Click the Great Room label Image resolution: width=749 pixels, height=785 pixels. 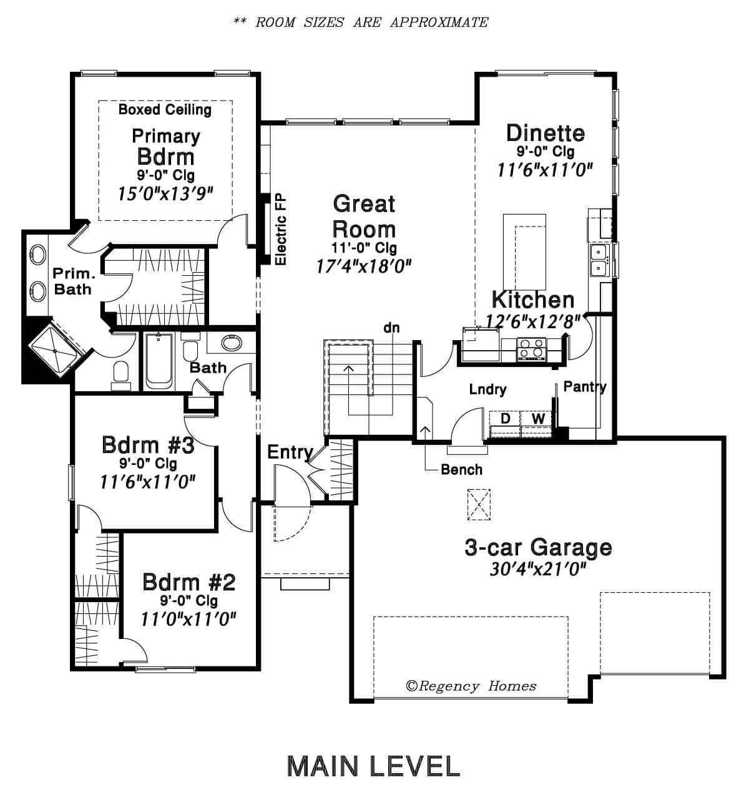(x=364, y=216)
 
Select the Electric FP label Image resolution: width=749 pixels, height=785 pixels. (x=281, y=229)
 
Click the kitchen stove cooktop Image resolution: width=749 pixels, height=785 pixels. (x=532, y=348)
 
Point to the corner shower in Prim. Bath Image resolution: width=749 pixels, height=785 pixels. (x=54, y=351)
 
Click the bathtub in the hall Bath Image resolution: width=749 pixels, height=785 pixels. (x=159, y=361)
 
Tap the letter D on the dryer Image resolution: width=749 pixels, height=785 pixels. (x=506, y=419)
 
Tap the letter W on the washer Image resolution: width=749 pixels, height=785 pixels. (x=538, y=419)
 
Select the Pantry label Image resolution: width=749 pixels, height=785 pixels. (x=585, y=386)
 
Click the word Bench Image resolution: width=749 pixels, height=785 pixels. (x=461, y=469)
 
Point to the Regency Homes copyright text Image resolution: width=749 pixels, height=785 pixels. (x=471, y=686)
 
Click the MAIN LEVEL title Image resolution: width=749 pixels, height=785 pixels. (x=373, y=766)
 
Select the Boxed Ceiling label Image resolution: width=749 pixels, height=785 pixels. (x=165, y=109)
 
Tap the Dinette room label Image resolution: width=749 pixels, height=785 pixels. (x=546, y=133)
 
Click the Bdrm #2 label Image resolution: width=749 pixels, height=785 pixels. (x=189, y=582)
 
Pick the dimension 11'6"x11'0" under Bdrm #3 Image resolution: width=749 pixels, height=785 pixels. (x=147, y=482)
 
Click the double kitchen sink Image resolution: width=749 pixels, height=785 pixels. (x=600, y=260)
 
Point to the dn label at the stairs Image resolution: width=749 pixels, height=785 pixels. (x=391, y=328)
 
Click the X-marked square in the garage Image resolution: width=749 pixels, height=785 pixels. (x=479, y=504)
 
